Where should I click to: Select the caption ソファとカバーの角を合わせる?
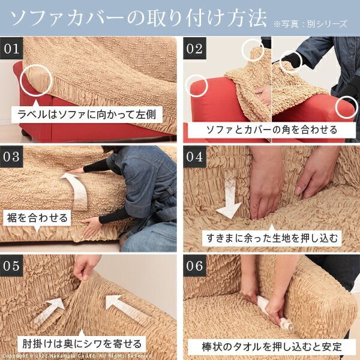pos(271,129)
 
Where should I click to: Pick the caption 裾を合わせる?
pos(37,217)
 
